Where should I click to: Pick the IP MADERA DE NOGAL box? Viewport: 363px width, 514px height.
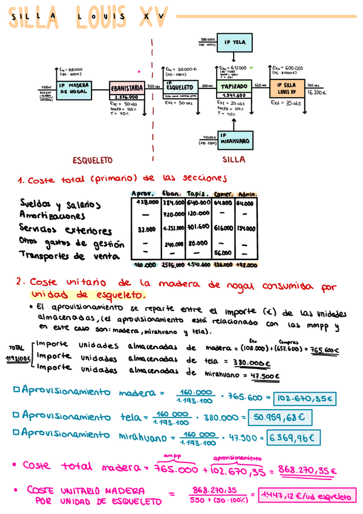pyautogui.click(x=74, y=89)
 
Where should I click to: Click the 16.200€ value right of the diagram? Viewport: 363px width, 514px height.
pyautogui.click(x=316, y=93)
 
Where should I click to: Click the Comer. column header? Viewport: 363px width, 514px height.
pyautogui.click(x=223, y=195)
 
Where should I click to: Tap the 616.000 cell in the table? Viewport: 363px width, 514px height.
pyautogui.click(x=223, y=230)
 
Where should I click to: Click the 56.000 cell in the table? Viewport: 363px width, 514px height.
pyautogui.click(x=223, y=253)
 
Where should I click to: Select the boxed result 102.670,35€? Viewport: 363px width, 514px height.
pyautogui.click(x=304, y=399)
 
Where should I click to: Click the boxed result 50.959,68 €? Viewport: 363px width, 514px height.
pyautogui.click(x=280, y=417)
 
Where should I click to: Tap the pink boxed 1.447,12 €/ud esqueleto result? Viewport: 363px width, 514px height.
pyautogui.click(x=306, y=496)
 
